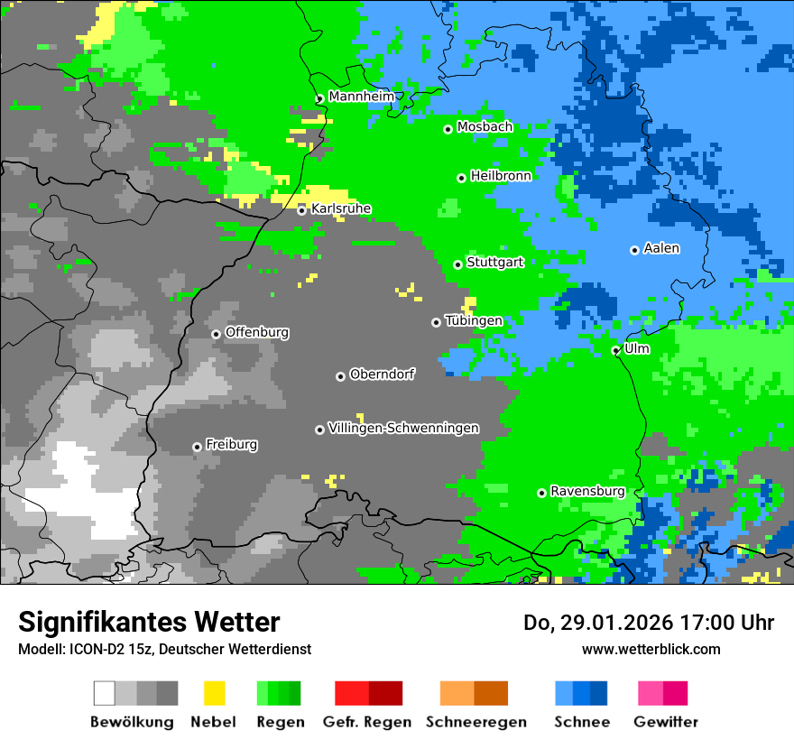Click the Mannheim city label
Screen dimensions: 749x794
click(x=361, y=97)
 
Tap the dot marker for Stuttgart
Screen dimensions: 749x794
click(x=458, y=264)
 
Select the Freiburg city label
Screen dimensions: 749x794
click(x=231, y=445)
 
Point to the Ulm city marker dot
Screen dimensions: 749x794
click(x=615, y=350)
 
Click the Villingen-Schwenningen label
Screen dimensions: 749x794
click(x=403, y=428)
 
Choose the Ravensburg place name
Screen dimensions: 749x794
click(x=587, y=492)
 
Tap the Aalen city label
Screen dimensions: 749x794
click(x=661, y=248)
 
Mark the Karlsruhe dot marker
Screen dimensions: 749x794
click(x=302, y=210)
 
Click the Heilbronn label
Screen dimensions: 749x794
click(x=501, y=176)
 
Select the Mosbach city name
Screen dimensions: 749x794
click(x=485, y=127)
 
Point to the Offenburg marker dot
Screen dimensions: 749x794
click(x=216, y=334)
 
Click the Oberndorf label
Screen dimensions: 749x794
click(x=382, y=374)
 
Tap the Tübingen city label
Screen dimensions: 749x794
click(x=474, y=321)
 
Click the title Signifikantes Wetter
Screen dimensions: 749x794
click(x=149, y=622)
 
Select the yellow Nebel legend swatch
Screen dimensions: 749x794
click(x=214, y=693)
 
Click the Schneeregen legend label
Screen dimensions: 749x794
click(x=476, y=722)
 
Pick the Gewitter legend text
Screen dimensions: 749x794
click(x=666, y=722)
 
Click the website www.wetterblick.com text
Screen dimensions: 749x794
click(x=651, y=649)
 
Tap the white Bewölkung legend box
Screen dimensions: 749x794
click(x=105, y=693)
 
